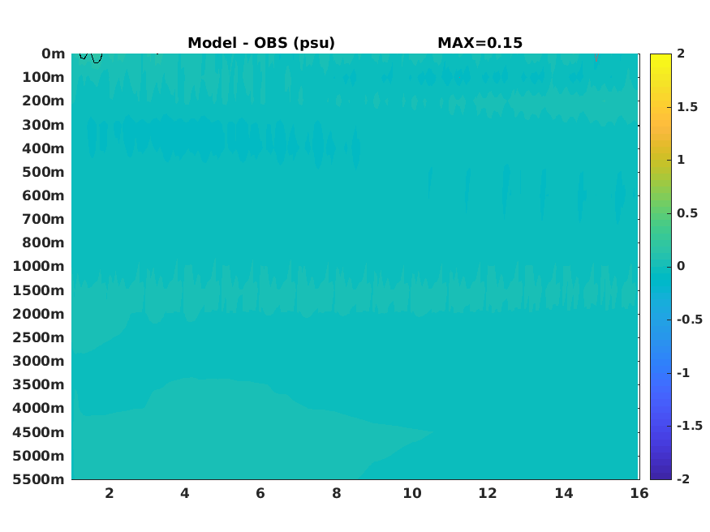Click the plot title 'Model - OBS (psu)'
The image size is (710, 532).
(261, 43)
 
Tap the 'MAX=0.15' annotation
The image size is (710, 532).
(480, 43)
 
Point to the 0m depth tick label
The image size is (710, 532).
(54, 54)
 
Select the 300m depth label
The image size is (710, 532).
(44, 125)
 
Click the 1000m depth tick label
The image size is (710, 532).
(38, 266)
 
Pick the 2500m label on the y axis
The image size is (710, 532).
(38, 337)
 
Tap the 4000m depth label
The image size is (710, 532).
(38, 408)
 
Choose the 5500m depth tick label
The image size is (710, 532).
(38, 479)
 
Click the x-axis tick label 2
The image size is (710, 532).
(109, 493)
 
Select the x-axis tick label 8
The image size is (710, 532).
(337, 493)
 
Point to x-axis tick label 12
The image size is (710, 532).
(488, 493)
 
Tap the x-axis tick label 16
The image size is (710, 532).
(639, 493)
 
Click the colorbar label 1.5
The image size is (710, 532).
(687, 107)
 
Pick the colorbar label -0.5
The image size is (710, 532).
(690, 320)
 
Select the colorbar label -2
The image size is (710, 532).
(683, 478)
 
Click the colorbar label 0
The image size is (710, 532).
(681, 266)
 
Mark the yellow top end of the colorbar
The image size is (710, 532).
(661, 56)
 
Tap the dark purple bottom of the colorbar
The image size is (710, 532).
(661, 476)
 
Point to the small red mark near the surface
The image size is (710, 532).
(596, 57)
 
